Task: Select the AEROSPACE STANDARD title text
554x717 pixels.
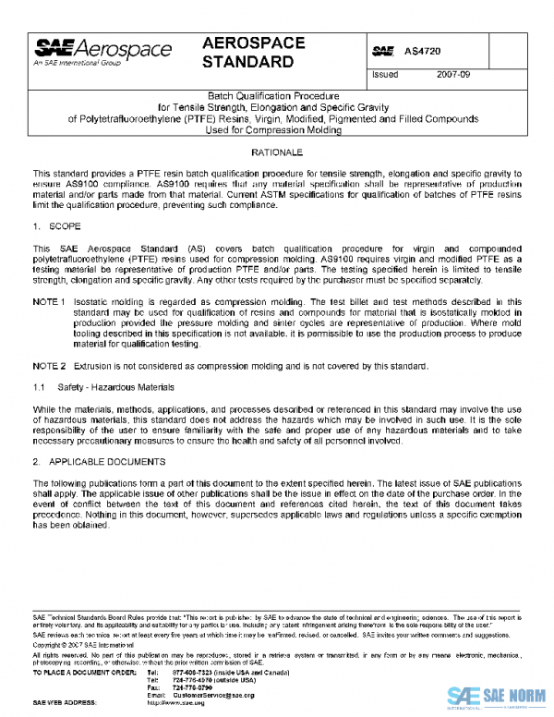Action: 247,54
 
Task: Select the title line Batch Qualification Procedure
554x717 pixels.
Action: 272,95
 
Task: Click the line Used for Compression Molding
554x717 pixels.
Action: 272,130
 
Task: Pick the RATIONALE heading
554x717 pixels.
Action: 272,151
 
